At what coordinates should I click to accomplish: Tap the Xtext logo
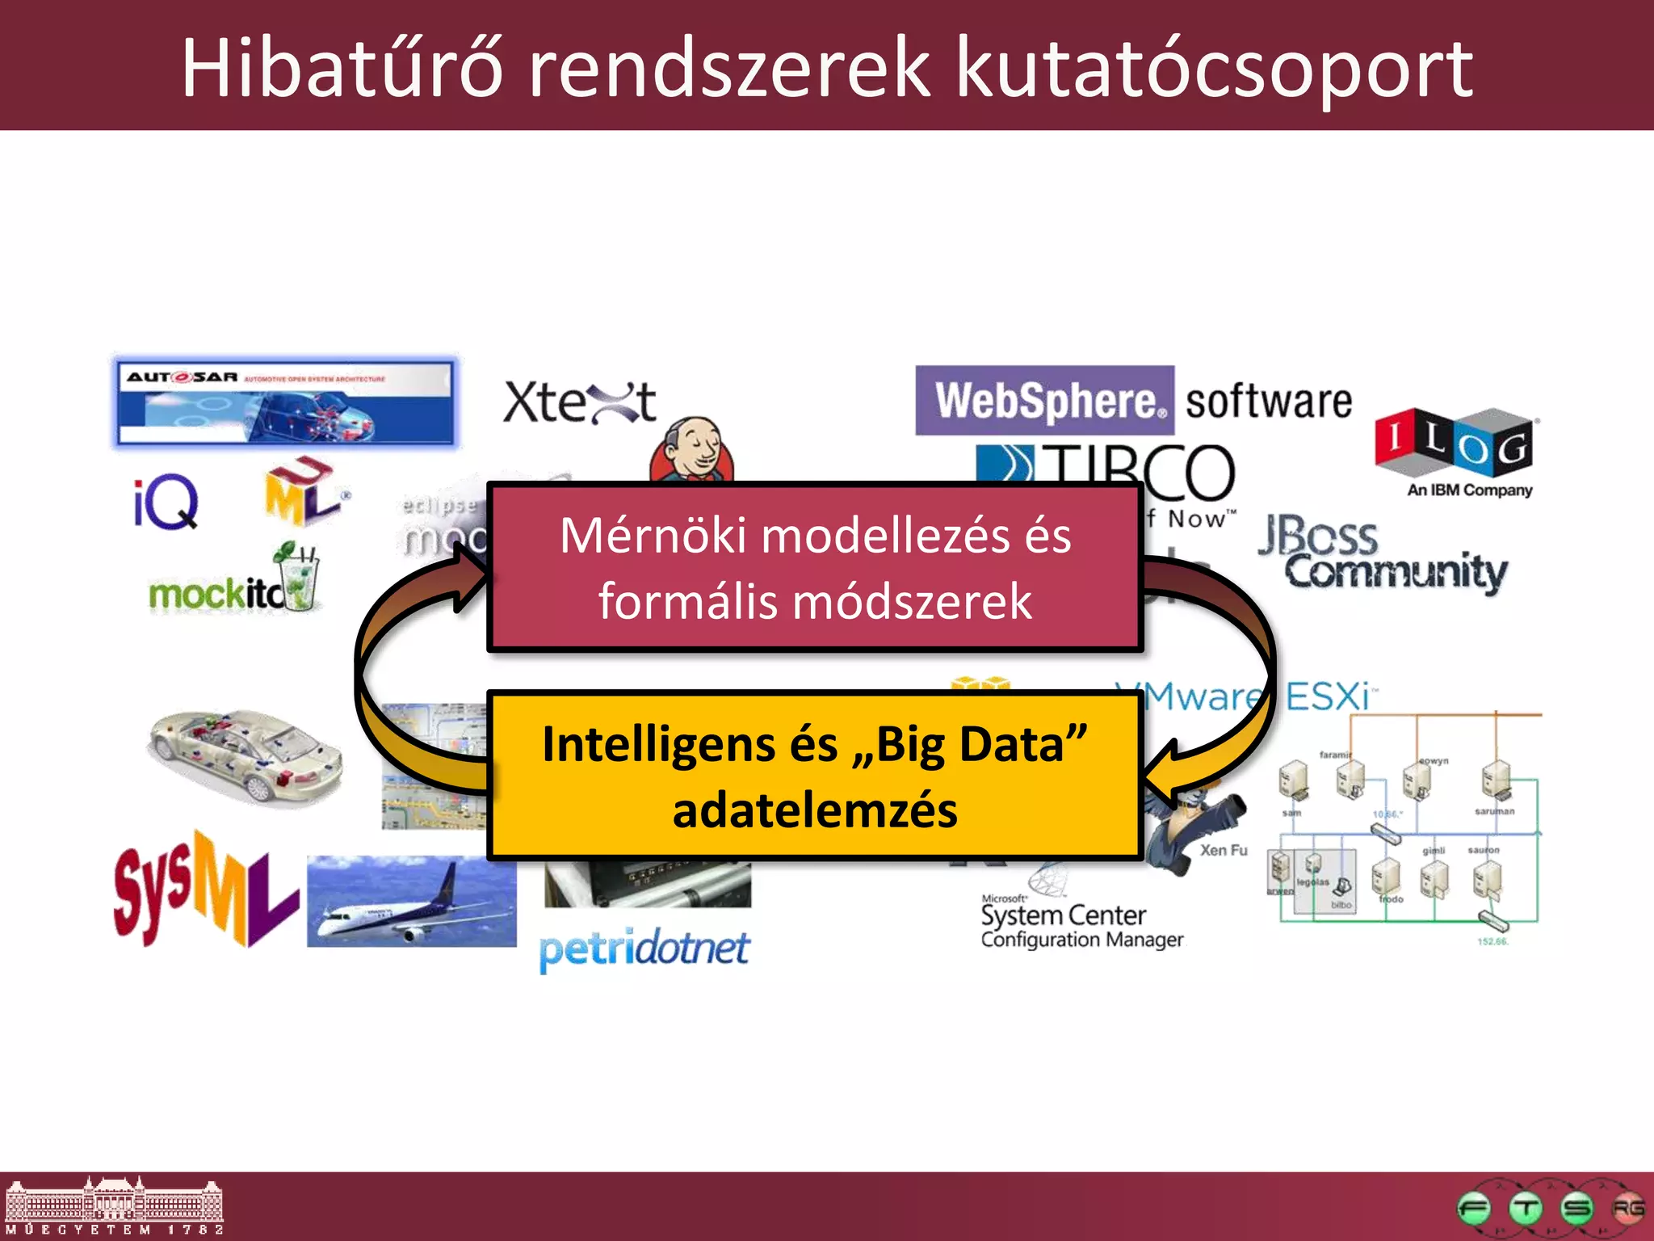click(x=579, y=402)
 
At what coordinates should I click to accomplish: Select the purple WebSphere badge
click(x=1044, y=401)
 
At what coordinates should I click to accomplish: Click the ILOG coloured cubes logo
click(x=1454, y=444)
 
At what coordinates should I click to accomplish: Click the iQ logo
click(x=166, y=502)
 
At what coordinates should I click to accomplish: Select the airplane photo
click(x=411, y=901)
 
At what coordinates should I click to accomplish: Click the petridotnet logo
click(x=644, y=949)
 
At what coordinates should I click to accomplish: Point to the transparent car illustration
click(x=245, y=756)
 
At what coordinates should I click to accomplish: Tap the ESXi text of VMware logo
click(x=1329, y=696)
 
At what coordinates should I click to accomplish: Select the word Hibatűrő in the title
click(x=342, y=69)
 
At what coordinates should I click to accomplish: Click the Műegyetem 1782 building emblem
click(x=114, y=1205)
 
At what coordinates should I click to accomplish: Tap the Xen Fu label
click(x=1223, y=850)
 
